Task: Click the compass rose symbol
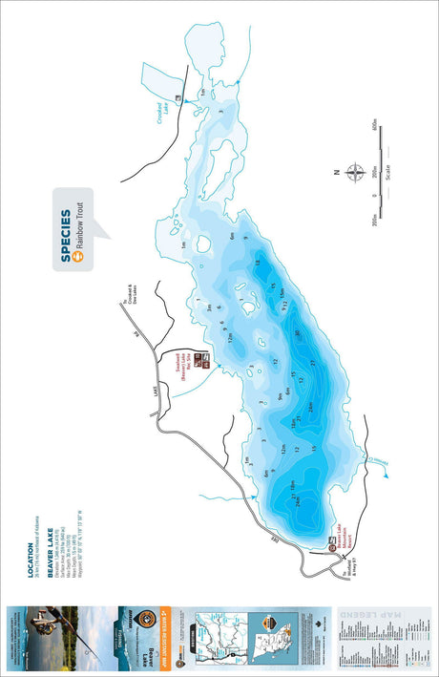coord(354,174)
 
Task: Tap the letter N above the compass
coord(336,174)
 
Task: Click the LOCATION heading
coord(31,556)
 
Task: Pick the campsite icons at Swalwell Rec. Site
coord(202,361)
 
